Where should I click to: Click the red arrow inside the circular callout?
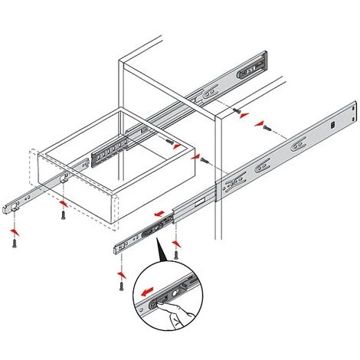(144, 291)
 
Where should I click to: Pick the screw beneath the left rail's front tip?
(14, 243)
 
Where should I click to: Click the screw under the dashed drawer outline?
(62, 218)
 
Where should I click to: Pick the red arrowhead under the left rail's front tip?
(14, 230)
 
